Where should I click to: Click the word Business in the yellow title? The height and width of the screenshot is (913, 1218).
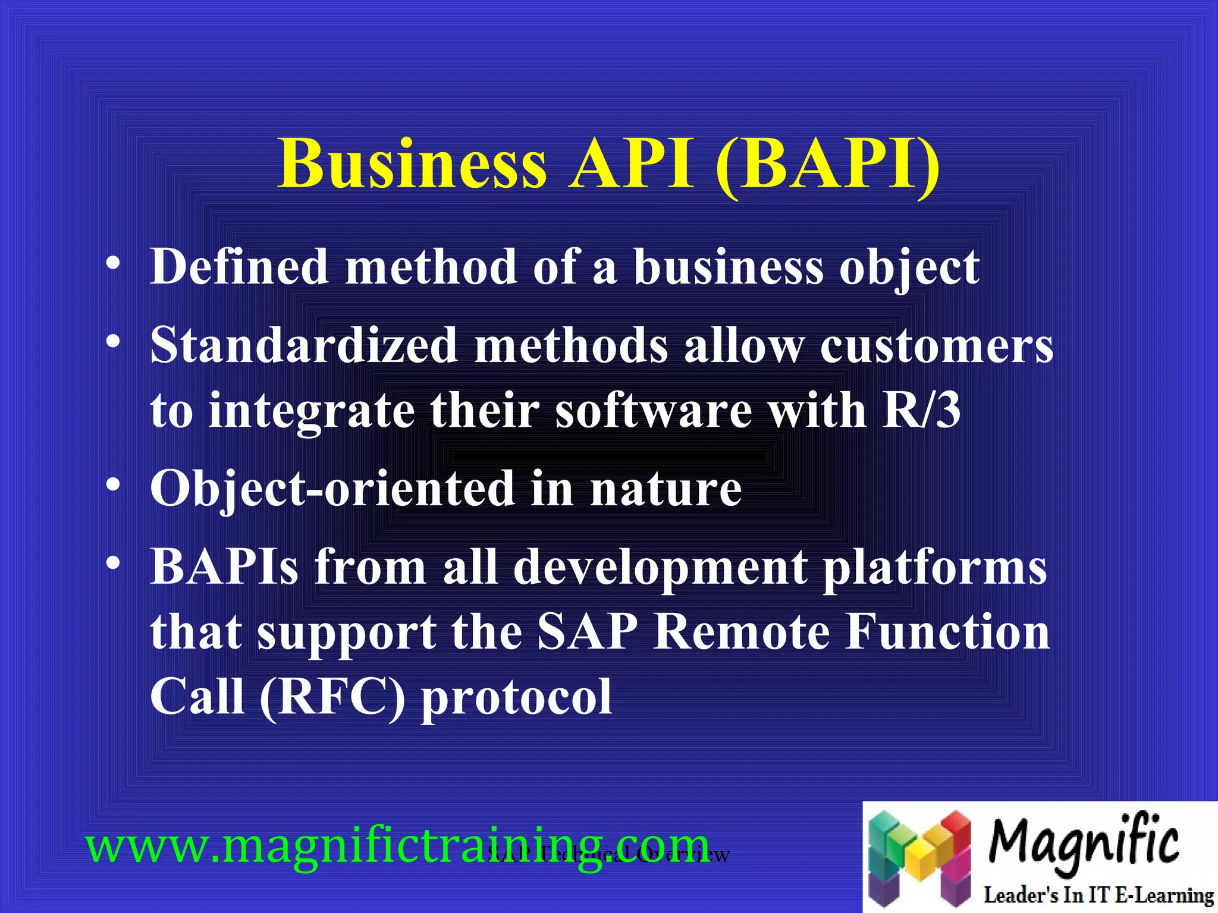(x=412, y=164)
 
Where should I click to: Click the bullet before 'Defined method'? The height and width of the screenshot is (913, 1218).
(x=112, y=263)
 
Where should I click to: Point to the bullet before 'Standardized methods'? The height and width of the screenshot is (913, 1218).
(x=112, y=342)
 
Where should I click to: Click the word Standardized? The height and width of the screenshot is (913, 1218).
(x=304, y=345)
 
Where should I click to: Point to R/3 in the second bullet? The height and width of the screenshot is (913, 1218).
(x=921, y=410)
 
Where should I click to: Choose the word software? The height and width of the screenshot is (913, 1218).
(x=654, y=411)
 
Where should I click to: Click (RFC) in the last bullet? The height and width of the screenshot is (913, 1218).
(x=332, y=697)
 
